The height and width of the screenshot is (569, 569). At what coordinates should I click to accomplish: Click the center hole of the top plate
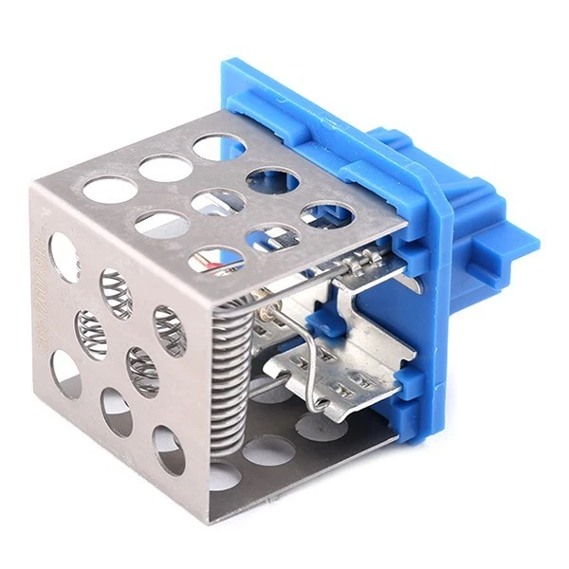tap(217, 201)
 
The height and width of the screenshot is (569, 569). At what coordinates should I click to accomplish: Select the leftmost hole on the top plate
tap(109, 189)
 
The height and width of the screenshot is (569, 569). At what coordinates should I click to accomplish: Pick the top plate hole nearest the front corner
tap(216, 258)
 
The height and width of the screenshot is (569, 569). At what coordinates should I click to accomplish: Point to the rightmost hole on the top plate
tap(327, 215)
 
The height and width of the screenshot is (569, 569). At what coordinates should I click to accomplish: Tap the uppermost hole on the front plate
tap(64, 257)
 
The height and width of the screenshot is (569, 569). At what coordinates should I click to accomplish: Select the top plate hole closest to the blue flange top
tap(219, 146)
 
